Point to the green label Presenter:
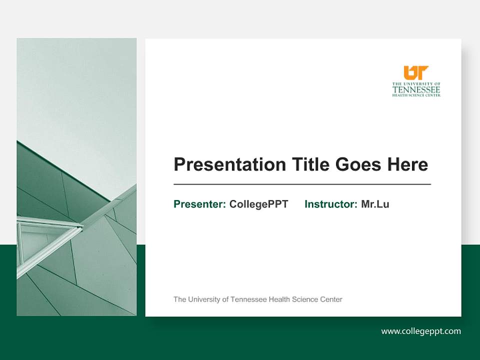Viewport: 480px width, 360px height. (x=199, y=204)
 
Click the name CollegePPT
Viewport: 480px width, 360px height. (x=258, y=204)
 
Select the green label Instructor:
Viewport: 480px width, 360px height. (x=331, y=204)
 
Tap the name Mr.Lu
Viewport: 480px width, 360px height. (x=375, y=204)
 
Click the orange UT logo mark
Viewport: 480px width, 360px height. (x=416, y=73)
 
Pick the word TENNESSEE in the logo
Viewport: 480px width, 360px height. (x=416, y=89)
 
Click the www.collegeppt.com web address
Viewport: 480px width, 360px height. (x=421, y=331)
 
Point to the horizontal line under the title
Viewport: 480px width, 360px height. (x=302, y=184)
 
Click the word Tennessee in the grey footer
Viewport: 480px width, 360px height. (x=247, y=299)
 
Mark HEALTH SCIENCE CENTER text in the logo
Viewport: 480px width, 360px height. (x=416, y=95)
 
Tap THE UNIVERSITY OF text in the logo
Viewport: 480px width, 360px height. (x=416, y=83)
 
